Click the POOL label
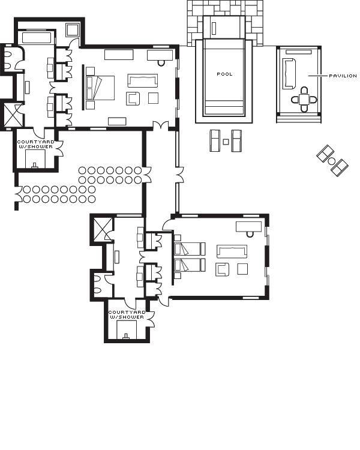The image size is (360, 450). (224, 74)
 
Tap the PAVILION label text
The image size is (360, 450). (343, 76)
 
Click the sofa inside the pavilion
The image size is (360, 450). (289, 73)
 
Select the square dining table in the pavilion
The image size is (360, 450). (304, 100)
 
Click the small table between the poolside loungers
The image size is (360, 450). (226, 142)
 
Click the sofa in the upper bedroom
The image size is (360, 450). (143, 80)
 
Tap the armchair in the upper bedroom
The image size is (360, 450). (133, 98)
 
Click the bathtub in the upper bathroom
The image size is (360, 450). (35, 37)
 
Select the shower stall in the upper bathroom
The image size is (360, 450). (13, 115)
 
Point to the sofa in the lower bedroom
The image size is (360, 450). (232, 251)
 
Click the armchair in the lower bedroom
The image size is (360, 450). (222, 269)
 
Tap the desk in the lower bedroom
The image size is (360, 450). (248, 226)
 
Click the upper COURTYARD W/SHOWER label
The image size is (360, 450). (35, 144)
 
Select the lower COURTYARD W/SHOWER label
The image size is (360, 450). (127, 314)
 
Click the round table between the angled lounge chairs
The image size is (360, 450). (332, 161)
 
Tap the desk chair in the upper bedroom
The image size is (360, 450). (161, 62)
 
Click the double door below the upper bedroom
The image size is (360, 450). (160, 125)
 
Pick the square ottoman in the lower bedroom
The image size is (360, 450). (242, 269)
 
